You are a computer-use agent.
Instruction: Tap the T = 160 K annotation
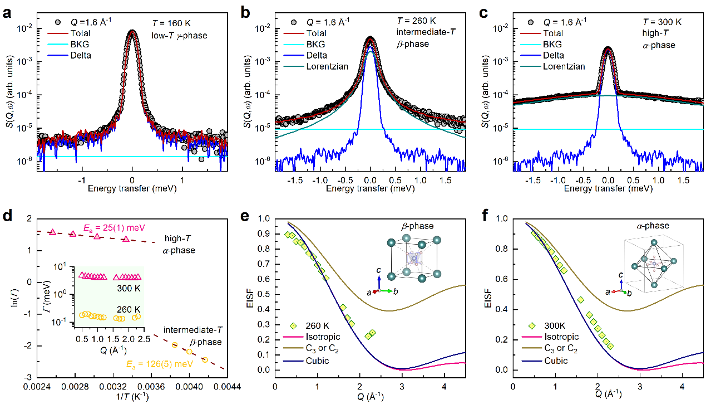pos(173,23)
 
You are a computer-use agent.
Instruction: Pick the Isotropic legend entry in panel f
pos(566,337)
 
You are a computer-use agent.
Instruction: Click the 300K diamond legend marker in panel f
pos(532,325)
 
